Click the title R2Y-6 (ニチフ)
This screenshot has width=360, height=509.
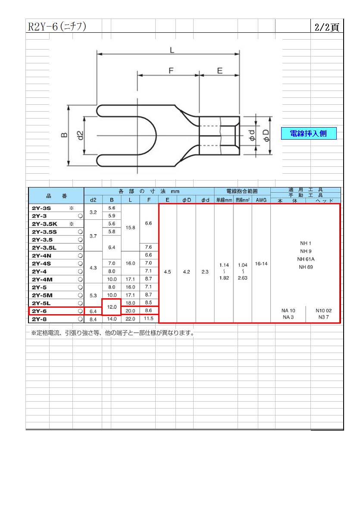(57, 26)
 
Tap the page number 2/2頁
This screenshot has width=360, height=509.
(327, 27)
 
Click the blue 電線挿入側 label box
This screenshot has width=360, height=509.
(308, 134)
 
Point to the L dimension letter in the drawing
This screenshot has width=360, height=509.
(172, 50)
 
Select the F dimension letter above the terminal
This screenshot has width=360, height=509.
(171, 71)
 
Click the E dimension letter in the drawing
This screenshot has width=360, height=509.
(220, 71)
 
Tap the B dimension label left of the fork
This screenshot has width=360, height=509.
(65, 135)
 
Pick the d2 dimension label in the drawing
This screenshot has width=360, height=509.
(80, 135)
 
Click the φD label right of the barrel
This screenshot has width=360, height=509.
(266, 135)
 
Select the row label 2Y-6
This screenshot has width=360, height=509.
(39, 311)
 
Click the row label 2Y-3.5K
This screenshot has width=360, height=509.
(44, 224)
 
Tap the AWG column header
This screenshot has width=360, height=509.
(261, 200)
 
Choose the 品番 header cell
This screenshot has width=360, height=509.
(56, 196)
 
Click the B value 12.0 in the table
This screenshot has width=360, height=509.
(112, 307)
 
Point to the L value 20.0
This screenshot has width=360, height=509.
(130, 311)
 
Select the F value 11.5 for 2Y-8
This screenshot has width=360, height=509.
(149, 319)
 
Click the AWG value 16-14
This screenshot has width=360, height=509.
(261, 264)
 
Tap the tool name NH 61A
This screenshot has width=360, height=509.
(306, 259)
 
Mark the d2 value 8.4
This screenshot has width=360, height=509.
(93, 319)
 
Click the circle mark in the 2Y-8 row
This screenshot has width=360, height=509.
(80, 319)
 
